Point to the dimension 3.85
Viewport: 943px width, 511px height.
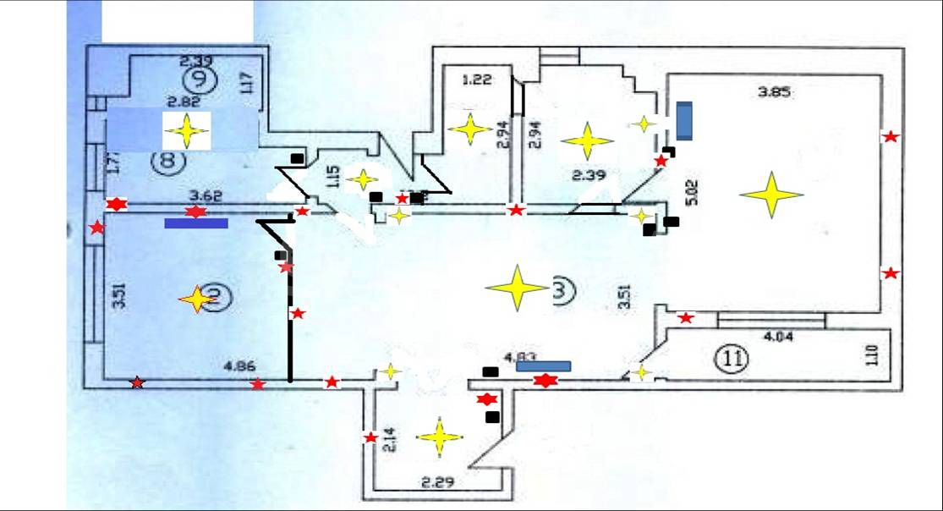(x=774, y=93)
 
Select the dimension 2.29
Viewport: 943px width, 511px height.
(x=437, y=484)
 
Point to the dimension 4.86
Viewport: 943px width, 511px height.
(x=238, y=367)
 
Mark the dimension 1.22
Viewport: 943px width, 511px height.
(x=476, y=80)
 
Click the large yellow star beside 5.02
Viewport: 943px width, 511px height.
(x=771, y=195)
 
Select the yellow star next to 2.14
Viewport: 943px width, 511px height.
(x=440, y=437)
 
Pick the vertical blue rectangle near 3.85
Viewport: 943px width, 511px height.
(x=683, y=120)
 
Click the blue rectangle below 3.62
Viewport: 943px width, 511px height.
(x=196, y=223)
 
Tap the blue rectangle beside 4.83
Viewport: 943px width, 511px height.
(x=544, y=366)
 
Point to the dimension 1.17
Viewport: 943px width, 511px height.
(x=246, y=82)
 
